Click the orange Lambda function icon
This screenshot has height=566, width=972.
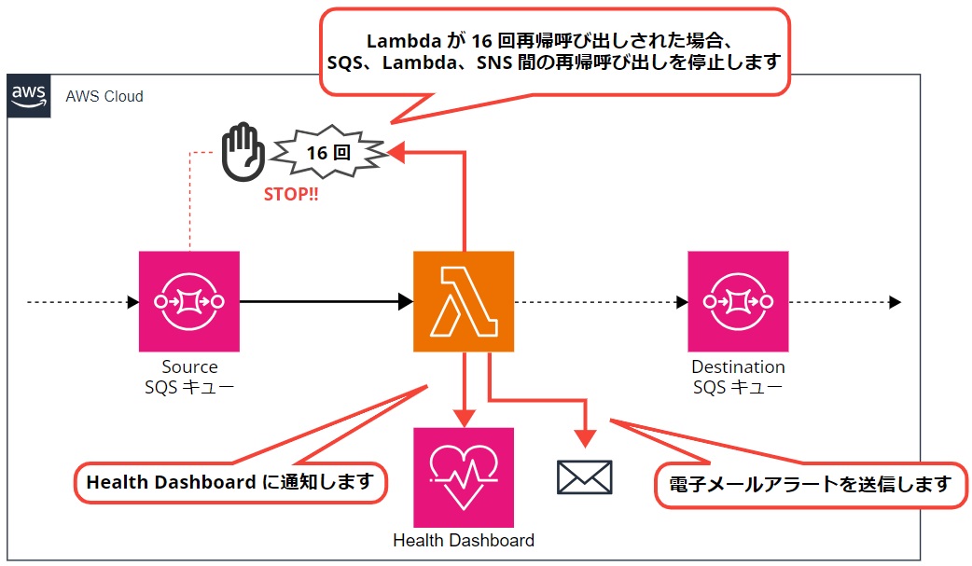pyautogui.click(x=464, y=301)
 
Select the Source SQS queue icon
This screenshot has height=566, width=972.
pyautogui.click(x=189, y=301)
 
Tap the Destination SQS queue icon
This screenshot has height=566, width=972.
pyautogui.click(x=738, y=301)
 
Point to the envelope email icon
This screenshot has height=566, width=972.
pyautogui.click(x=584, y=476)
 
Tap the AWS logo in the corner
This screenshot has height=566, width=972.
pyautogui.click(x=28, y=96)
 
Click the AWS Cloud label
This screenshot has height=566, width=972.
pyautogui.click(x=104, y=97)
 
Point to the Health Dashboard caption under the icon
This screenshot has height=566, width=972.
pyautogui.click(x=464, y=541)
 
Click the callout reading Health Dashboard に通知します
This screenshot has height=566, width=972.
pyautogui.click(x=229, y=483)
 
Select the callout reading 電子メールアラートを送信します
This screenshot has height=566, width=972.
pyautogui.click(x=810, y=485)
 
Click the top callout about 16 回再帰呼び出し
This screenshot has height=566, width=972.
pyautogui.click(x=554, y=52)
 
